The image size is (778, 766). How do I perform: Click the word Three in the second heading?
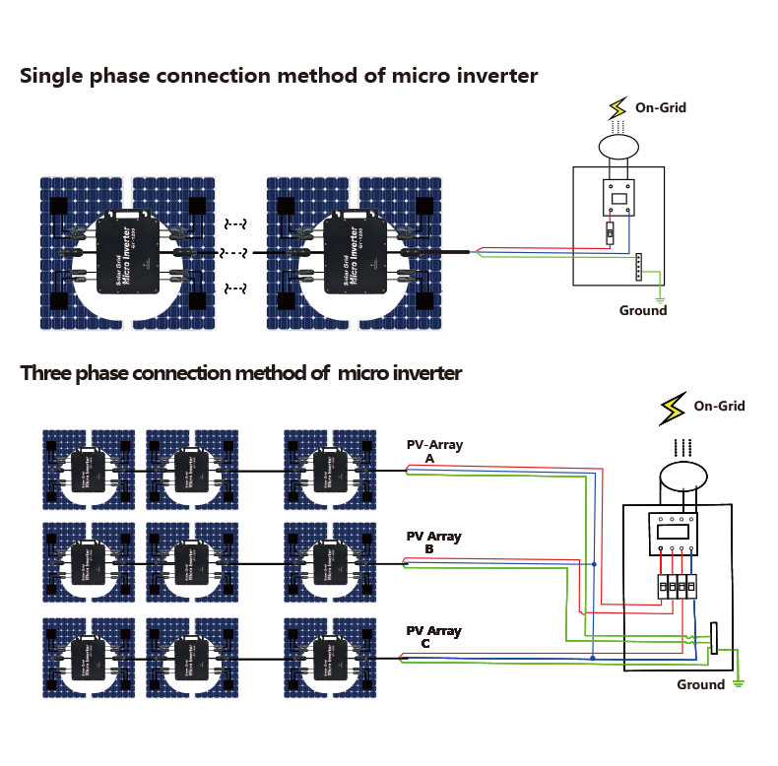point(47,374)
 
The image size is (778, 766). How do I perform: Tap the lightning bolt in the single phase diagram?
point(617,106)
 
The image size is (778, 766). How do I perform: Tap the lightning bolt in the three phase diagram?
point(674,406)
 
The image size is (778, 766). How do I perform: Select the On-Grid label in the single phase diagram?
point(660,107)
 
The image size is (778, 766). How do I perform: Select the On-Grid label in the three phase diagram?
point(719,406)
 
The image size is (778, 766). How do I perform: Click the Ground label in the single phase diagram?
point(642,311)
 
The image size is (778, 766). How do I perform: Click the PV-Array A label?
point(434,452)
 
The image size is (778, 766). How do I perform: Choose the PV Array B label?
point(434,543)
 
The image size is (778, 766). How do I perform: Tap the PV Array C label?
point(433,637)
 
